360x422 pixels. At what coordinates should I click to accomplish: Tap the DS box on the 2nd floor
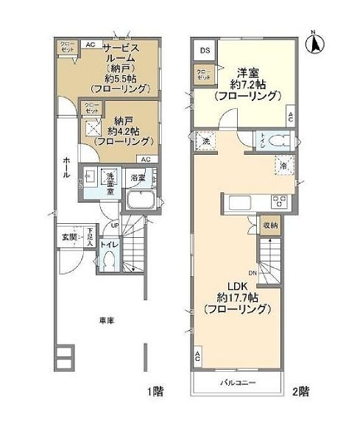203,51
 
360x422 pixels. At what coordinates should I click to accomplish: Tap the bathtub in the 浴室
140,201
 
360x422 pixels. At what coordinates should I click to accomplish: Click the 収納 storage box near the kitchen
271,225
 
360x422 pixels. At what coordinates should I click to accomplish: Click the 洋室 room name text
247,72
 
